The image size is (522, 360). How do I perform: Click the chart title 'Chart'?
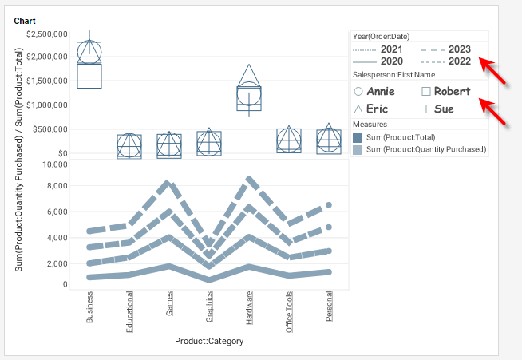[x=25, y=21]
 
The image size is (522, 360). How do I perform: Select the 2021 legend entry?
[x=391, y=49]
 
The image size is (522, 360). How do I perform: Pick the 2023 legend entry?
[x=459, y=49]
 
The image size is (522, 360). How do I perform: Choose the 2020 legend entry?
[x=391, y=61]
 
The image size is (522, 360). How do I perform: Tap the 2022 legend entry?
[x=459, y=61]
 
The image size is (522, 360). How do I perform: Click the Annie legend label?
[x=380, y=92]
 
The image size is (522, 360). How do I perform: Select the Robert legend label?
[x=452, y=92]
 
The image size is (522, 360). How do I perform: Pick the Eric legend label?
[x=377, y=109]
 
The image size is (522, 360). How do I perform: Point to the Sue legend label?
[x=444, y=109]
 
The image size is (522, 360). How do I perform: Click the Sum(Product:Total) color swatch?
[x=358, y=138]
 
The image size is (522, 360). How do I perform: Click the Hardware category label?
[x=250, y=307]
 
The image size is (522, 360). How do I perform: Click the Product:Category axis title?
[x=209, y=341]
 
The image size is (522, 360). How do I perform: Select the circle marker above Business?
[x=89, y=53]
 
